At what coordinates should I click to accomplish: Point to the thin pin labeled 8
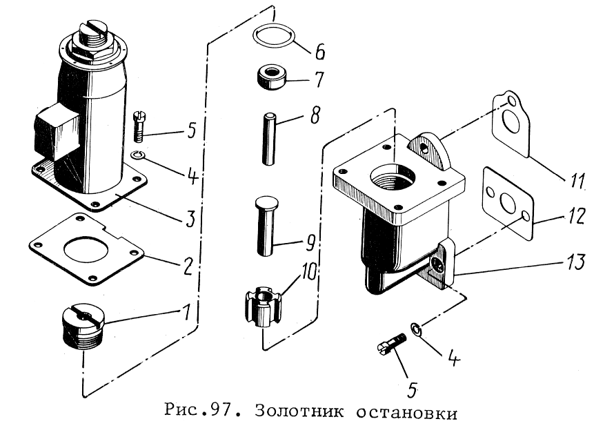(268, 138)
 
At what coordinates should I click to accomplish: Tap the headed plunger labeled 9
(266, 226)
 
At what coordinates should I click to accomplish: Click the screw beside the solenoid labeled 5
(139, 126)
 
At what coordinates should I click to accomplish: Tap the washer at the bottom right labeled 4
(415, 329)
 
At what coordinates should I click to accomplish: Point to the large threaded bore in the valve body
(393, 179)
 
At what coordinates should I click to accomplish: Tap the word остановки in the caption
(406, 411)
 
